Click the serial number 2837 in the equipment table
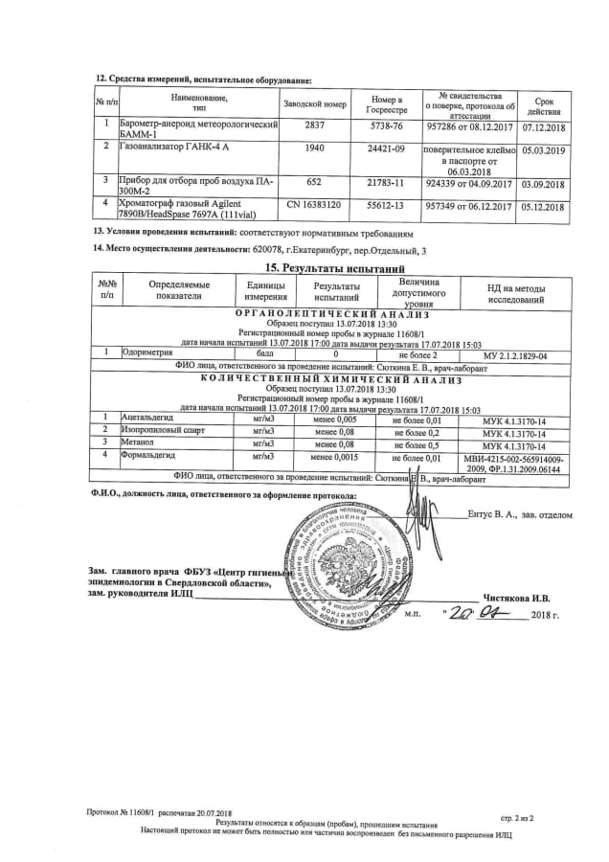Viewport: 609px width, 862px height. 315,125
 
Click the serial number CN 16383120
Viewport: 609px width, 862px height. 315,205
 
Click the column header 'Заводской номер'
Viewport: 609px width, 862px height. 315,102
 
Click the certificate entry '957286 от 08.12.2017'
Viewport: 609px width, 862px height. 475,125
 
